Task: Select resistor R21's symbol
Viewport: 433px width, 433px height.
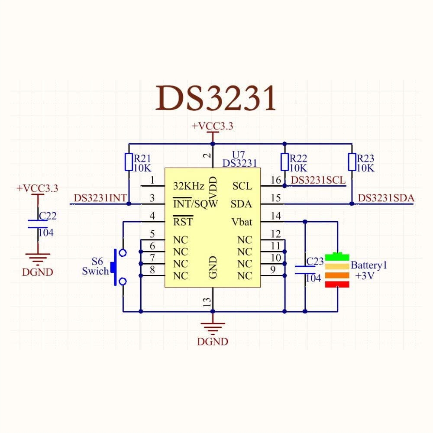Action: tap(128, 162)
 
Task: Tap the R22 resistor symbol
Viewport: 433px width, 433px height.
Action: tap(284, 162)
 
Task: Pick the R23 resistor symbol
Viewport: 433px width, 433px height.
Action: tap(352, 162)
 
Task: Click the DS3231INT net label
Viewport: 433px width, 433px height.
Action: tap(100, 198)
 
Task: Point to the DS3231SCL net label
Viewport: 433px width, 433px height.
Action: tap(318, 180)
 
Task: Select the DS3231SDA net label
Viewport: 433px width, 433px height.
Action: tap(386, 198)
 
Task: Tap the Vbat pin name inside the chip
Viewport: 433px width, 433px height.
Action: tap(242, 222)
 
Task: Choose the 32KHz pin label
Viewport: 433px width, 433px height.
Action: tap(188, 186)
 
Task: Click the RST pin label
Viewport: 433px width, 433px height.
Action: tap(183, 223)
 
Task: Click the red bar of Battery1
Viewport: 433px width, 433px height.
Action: tap(337, 284)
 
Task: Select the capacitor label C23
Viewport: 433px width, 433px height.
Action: tap(315, 261)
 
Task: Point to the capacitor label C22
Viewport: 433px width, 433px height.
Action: tap(48, 216)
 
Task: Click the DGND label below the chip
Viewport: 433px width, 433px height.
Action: tap(212, 342)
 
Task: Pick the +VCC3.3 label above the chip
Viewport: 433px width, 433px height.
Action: tap(213, 126)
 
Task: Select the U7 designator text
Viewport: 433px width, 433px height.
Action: tap(239, 155)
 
